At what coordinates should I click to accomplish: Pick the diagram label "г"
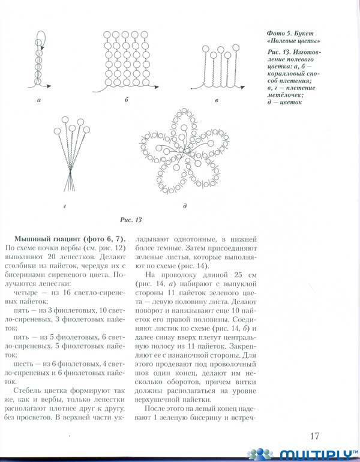click(64, 206)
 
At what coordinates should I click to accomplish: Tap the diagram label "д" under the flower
click(185, 206)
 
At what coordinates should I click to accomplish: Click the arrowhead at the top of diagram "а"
click(40, 42)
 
